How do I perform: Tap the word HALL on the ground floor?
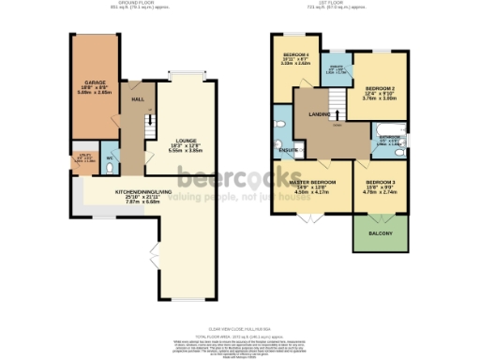[x=137, y=98]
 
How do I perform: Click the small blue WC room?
[x=109, y=157]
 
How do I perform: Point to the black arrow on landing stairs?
[x=337, y=112]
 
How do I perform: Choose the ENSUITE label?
[x=289, y=150]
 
